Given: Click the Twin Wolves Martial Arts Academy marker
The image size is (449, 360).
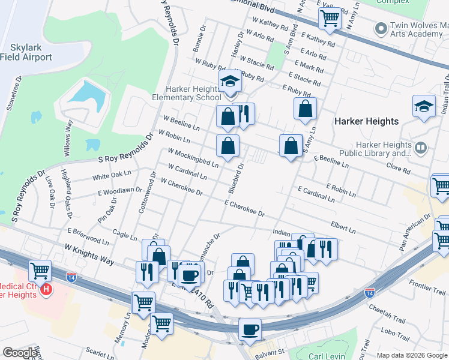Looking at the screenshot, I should (379, 28).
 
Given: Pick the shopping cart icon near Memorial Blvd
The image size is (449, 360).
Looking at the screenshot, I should (330, 19).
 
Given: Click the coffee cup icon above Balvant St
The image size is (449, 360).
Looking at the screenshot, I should (250, 329).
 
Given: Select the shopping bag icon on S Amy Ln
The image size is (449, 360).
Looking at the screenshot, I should (305, 109).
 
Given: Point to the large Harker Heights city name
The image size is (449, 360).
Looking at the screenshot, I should (366, 121).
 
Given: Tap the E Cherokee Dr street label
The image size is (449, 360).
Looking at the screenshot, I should (244, 209).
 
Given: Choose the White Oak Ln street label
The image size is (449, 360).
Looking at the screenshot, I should (111, 176).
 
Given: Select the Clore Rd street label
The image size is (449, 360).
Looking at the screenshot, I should (398, 166).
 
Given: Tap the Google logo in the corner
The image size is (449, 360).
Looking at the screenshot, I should (20, 353).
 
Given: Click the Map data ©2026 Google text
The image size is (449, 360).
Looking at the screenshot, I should (411, 355).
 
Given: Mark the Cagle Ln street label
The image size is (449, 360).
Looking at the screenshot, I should (125, 237).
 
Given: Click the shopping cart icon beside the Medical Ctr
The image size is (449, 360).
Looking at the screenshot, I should (40, 271).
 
